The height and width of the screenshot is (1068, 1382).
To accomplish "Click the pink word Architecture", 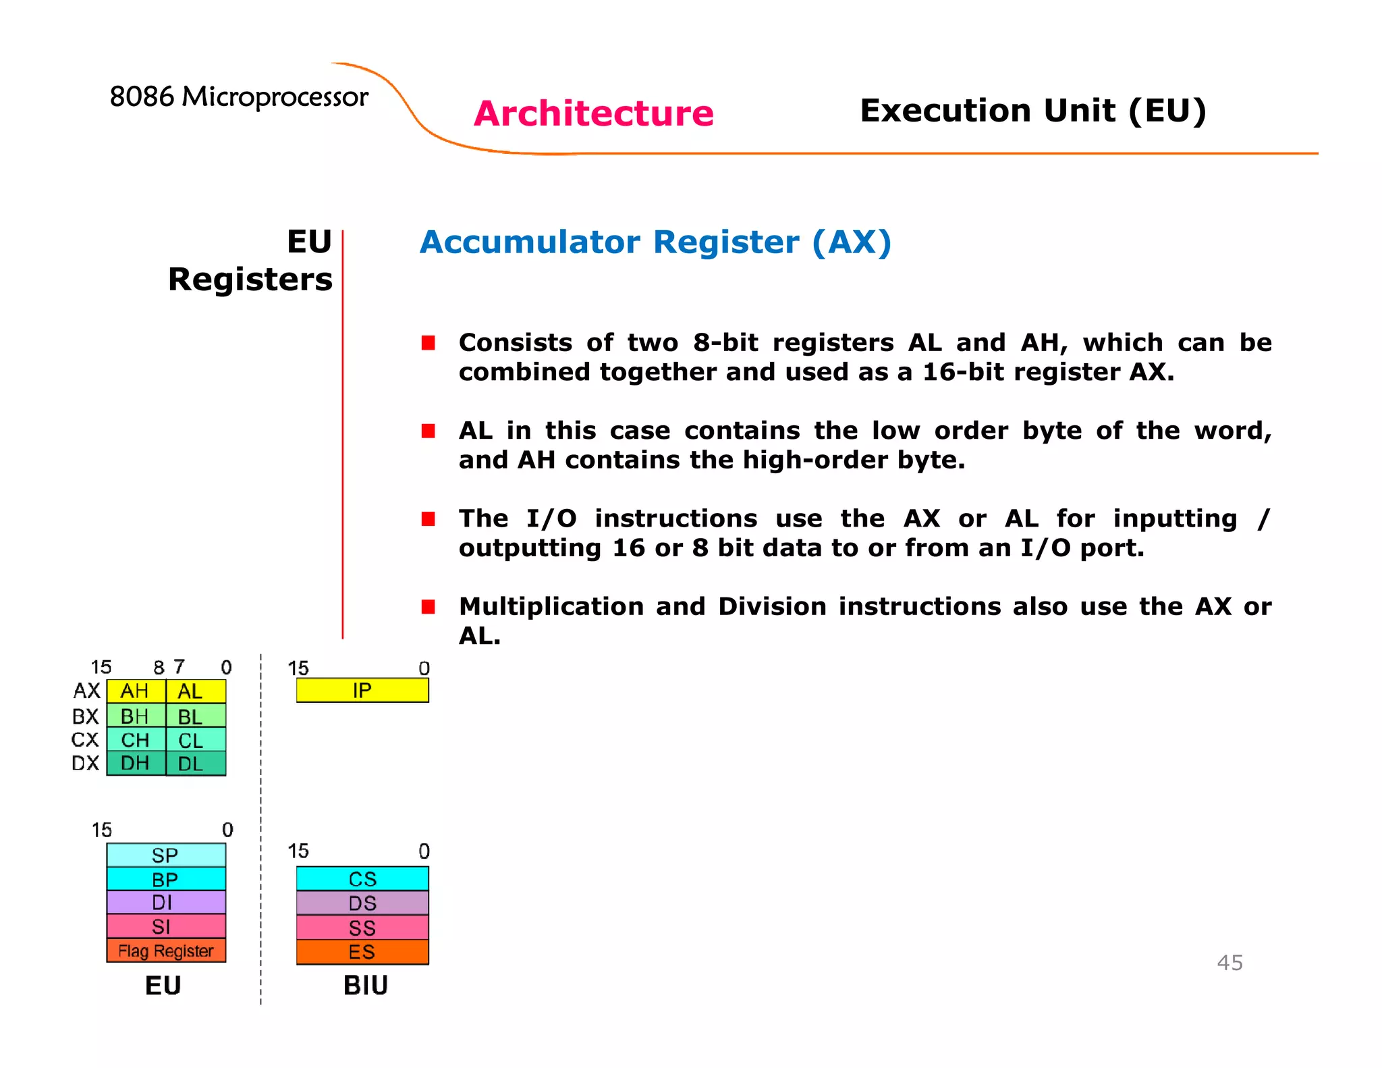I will point(593,113).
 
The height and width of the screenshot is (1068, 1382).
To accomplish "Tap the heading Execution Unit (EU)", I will point(1032,110).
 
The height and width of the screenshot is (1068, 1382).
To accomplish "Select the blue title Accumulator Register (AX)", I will point(655,242).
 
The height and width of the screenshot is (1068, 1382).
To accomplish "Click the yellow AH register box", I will point(135,691).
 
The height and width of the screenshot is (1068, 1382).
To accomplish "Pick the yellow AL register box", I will point(195,691).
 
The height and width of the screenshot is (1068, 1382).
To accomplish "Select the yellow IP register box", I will point(362,691).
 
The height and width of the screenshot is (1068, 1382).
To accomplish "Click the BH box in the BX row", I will point(135,716).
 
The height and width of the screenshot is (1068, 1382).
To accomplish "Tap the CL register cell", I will point(195,740).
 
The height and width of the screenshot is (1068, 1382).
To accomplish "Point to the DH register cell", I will point(135,764).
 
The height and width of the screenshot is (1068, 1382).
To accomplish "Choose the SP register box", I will point(166,855).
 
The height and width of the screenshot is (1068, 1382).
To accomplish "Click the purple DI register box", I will point(166,903).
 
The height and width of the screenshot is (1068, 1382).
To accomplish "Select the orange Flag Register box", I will point(166,951).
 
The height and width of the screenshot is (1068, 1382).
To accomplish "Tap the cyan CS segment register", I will point(362,879).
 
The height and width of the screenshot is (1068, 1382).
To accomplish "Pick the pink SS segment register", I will point(362,928).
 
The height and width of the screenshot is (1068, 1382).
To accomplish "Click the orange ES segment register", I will point(362,952).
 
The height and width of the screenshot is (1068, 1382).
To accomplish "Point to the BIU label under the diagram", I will point(365,986).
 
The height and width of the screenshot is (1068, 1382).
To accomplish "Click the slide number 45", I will point(1229,963).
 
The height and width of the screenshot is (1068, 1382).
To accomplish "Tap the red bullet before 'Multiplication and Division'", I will point(428,606).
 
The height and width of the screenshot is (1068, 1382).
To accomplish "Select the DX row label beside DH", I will point(85,764).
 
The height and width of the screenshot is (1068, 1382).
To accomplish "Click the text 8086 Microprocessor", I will point(239,97).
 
